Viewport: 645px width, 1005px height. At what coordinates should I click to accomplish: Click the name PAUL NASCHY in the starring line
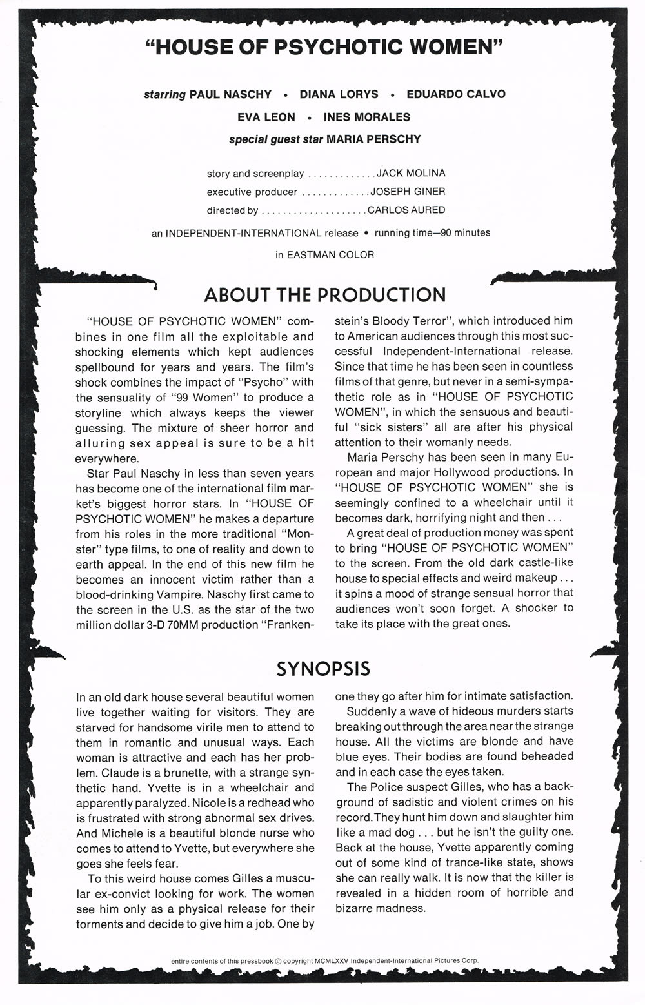pos(230,94)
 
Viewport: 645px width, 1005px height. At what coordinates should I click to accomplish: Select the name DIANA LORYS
pos(339,94)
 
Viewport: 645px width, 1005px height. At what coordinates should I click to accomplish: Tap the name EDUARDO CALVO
pos(456,94)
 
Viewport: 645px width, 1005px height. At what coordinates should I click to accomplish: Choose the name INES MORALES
pos(366,117)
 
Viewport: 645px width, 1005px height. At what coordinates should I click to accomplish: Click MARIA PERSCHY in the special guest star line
pos(373,139)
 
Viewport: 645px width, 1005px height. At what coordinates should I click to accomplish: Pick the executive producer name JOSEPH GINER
pos(408,192)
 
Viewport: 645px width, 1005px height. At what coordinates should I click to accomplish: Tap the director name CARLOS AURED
pos(406,210)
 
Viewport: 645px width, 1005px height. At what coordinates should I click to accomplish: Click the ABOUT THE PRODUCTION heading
pos(324,295)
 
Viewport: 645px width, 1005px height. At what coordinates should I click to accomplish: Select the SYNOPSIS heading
pos(323,668)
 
